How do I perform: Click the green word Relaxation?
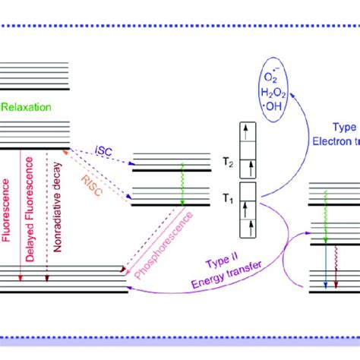[x=26, y=107]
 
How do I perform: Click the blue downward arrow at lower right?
[x=326, y=270]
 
